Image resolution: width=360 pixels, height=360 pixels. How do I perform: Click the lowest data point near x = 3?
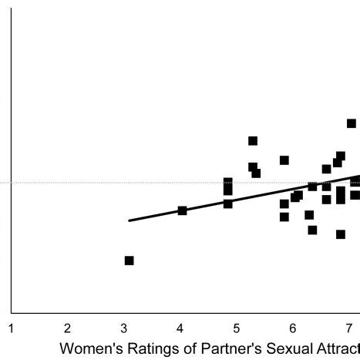coord(129,261)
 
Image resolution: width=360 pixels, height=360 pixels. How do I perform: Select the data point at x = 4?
coord(183,210)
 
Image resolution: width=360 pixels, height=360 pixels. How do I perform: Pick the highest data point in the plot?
coord(352,123)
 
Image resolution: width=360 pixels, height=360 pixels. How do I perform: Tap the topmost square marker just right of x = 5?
coord(253,141)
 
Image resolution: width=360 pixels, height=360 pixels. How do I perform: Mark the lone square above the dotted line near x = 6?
coord(284,160)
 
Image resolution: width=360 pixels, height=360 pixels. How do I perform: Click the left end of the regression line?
coord(130,220)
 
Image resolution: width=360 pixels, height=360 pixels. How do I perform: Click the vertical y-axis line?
coord(12,154)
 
